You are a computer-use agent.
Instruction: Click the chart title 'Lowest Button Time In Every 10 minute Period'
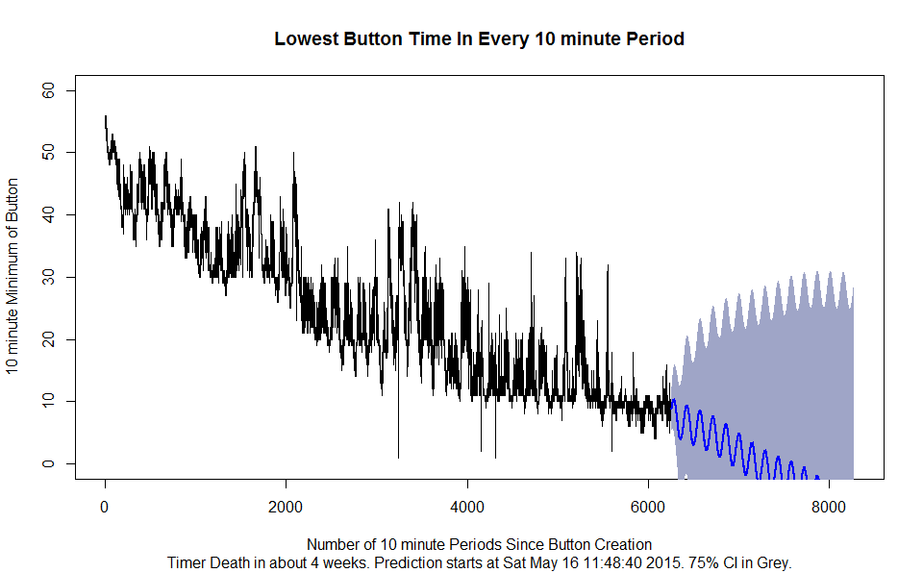pos(479,39)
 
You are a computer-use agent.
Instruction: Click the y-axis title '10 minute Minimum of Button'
pos(13,277)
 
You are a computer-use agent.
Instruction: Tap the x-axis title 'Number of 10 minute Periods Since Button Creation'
pos(479,544)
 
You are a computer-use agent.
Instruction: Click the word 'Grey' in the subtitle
pos(771,562)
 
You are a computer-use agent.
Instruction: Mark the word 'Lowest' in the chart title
pos(303,39)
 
